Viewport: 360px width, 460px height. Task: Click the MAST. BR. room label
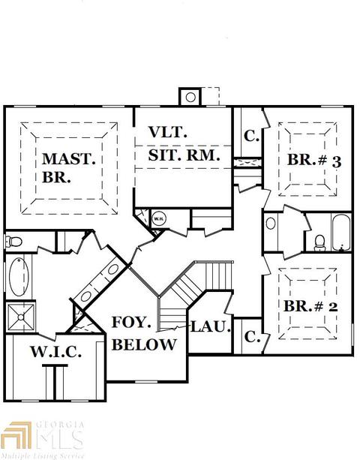point(68,167)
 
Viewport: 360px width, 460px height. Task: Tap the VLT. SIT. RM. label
point(184,144)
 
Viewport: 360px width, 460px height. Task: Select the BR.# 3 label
point(314,161)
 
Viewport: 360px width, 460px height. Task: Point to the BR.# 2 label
point(310,306)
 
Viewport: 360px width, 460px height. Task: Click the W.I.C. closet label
point(55,351)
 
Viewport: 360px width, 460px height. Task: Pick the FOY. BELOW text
point(144,334)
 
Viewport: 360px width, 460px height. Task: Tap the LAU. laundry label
point(210,326)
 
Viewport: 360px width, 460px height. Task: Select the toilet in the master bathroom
point(13,242)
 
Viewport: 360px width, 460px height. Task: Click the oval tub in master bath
point(19,277)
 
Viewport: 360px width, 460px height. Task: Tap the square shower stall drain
point(21,317)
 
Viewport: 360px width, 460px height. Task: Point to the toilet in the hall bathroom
point(319,243)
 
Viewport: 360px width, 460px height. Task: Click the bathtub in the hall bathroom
point(341,233)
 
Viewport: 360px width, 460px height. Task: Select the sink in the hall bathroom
point(271,224)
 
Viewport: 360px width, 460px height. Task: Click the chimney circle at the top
point(190,97)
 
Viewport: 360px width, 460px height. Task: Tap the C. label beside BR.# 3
point(251,136)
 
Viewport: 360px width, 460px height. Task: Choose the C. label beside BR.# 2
point(252,337)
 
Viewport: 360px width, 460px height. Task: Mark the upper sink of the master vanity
point(112,269)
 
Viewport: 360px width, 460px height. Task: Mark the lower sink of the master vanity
point(85,296)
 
